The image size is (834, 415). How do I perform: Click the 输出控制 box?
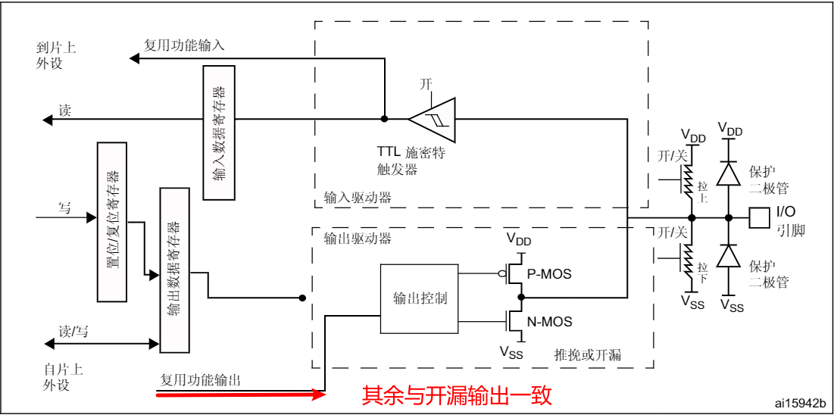(x=420, y=298)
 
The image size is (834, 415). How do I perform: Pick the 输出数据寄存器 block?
(x=173, y=270)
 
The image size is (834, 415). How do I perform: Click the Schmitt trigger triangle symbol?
(x=433, y=119)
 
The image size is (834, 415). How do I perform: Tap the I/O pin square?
(x=758, y=218)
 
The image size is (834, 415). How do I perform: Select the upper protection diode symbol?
(x=728, y=173)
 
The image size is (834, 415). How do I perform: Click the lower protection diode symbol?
(x=728, y=257)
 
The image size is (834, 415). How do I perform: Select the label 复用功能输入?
(x=185, y=45)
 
